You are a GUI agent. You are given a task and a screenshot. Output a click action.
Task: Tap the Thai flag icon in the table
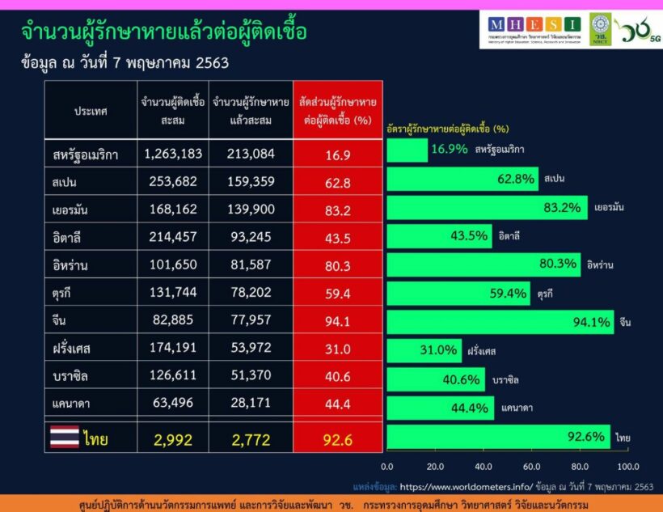pyautogui.click(x=65, y=438)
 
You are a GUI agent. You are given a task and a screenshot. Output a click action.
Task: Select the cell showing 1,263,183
pyautogui.click(x=172, y=153)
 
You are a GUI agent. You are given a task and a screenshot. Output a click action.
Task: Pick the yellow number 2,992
pyautogui.click(x=171, y=439)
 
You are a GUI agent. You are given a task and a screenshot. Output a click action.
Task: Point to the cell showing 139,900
pyautogui.click(x=241, y=209)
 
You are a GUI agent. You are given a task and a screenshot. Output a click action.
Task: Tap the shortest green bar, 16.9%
pyautogui.click(x=407, y=150)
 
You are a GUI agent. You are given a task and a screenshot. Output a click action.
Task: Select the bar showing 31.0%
pyautogui.click(x=424, y=351)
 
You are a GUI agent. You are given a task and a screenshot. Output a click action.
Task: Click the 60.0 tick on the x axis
pyautogui.click(x=531, y=467)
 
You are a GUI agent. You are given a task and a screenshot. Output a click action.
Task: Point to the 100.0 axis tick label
pyautogui.click(x=627, y=467)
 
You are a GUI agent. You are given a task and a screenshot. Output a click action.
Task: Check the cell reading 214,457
pyautogui.click(x=172, y=237)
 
